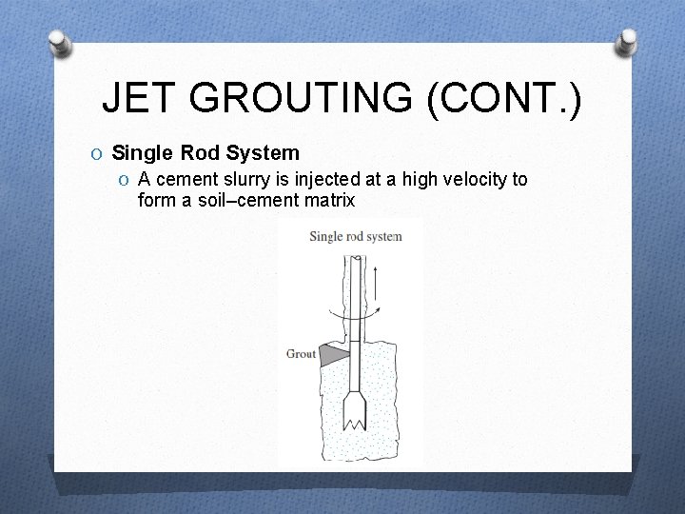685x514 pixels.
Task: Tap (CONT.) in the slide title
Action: [x=504, y=97]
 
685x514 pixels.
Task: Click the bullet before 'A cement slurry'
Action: [x=125, y=180]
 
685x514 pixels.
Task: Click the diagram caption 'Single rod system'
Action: [x=355, y=236]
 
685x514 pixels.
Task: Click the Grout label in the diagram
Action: [x=301, y=354]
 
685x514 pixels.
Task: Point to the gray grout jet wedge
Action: [x=333, y=355]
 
